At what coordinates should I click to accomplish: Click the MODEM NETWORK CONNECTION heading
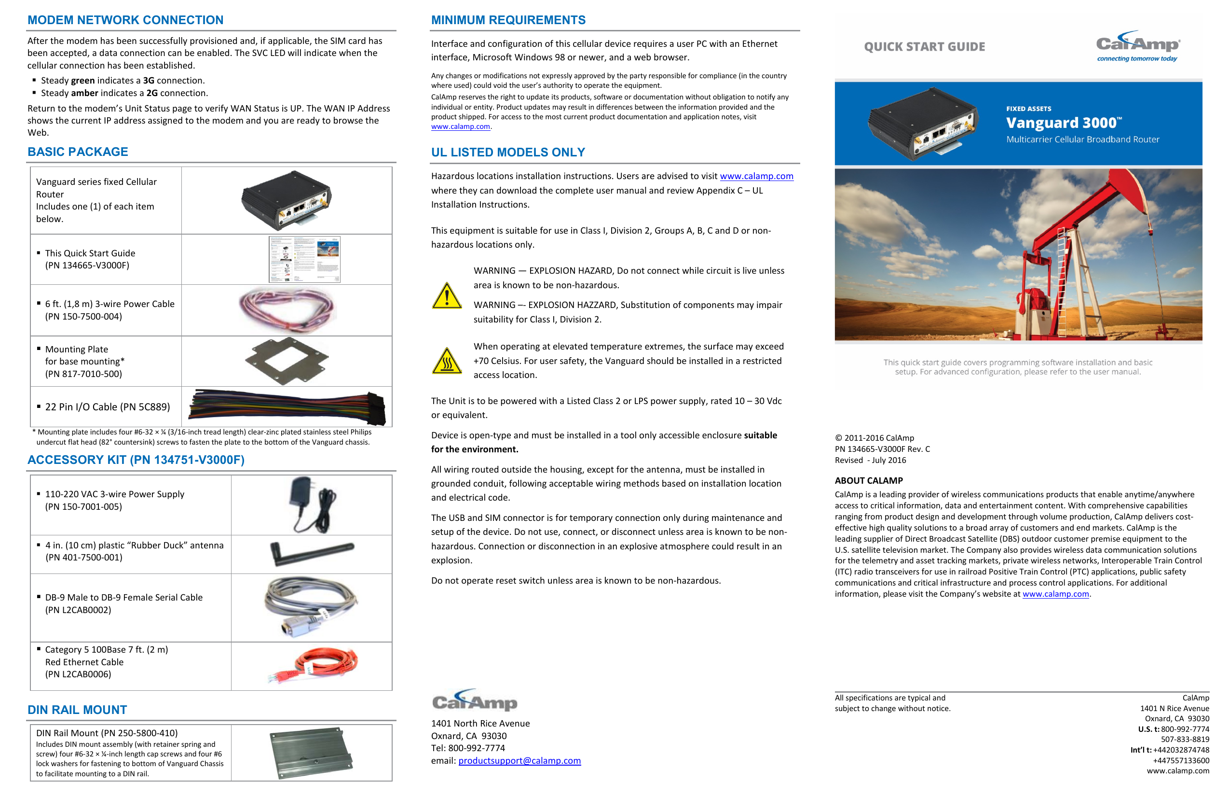[125, 20]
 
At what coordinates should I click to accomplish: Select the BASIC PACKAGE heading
[78, 152]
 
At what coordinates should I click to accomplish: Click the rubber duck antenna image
[311, 553]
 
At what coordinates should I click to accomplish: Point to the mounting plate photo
[287, 361]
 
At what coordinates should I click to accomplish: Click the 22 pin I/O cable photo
[287, 406]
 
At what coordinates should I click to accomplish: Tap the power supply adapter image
[311, 504]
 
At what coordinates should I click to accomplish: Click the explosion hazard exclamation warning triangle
[447, 296]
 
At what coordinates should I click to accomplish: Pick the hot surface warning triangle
[447, 361]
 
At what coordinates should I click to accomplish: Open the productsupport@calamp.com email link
[519, 761]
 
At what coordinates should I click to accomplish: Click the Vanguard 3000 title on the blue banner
[1061, 123]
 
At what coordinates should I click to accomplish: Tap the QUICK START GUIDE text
[924, 47]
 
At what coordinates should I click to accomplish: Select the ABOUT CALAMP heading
[868, 480]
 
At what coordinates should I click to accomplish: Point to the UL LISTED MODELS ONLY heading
[507, 153]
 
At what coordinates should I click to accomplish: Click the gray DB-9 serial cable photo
[310, 607]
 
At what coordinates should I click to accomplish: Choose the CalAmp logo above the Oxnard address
[475, 700]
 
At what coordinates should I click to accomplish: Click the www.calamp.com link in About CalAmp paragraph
[1055, 594]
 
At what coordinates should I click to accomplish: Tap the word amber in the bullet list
[84, 93]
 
